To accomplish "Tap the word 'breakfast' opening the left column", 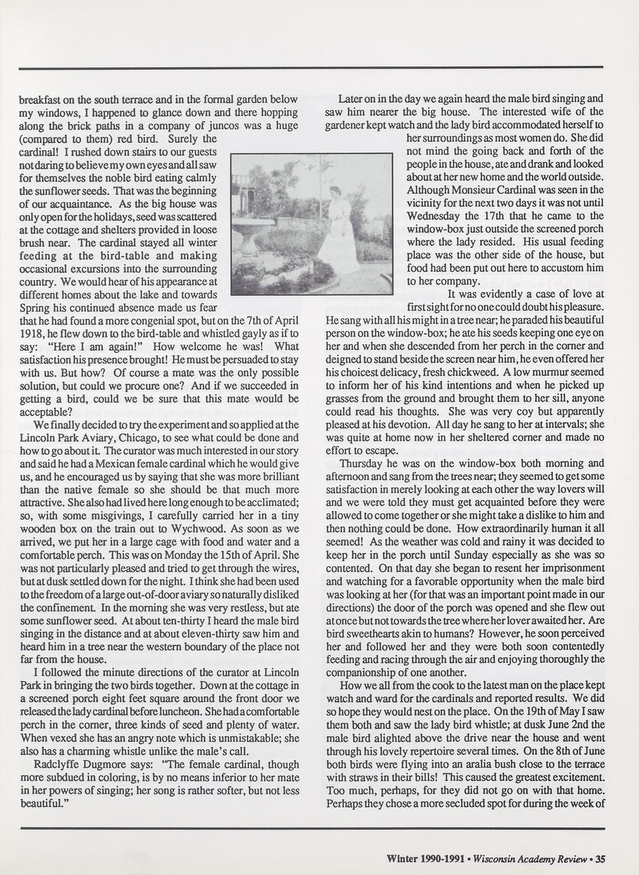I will pos(41,100).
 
